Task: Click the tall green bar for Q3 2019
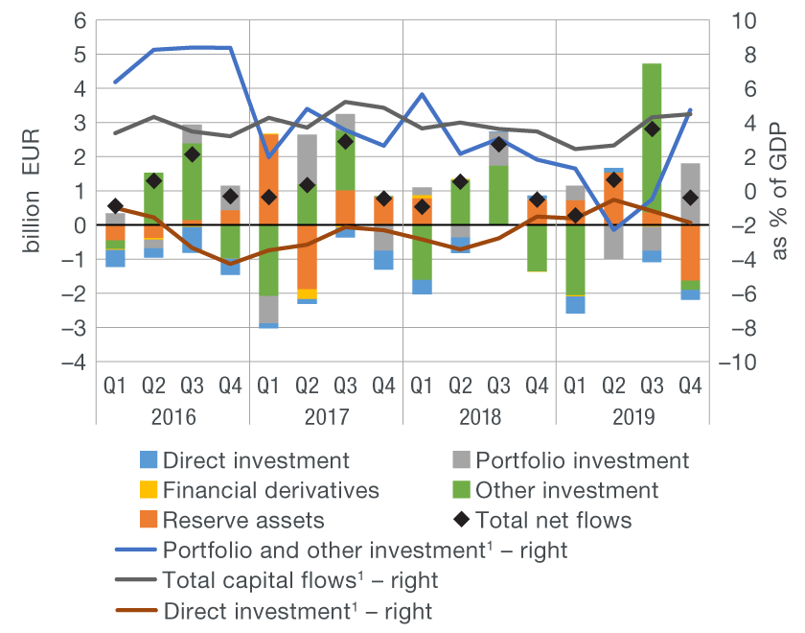(652, 144)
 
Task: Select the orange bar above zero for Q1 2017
(268, 178)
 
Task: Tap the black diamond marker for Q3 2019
(652, 129)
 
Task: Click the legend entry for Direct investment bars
(256, 460)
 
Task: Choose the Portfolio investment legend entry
(582, 460)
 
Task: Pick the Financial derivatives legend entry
(271, 490)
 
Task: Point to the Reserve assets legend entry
(243, 520)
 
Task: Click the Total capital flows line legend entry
(301, 580)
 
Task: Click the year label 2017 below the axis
(326, 417)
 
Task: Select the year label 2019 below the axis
(632, 417)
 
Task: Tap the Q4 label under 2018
(537, 387)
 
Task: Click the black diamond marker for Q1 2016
(115, 206)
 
